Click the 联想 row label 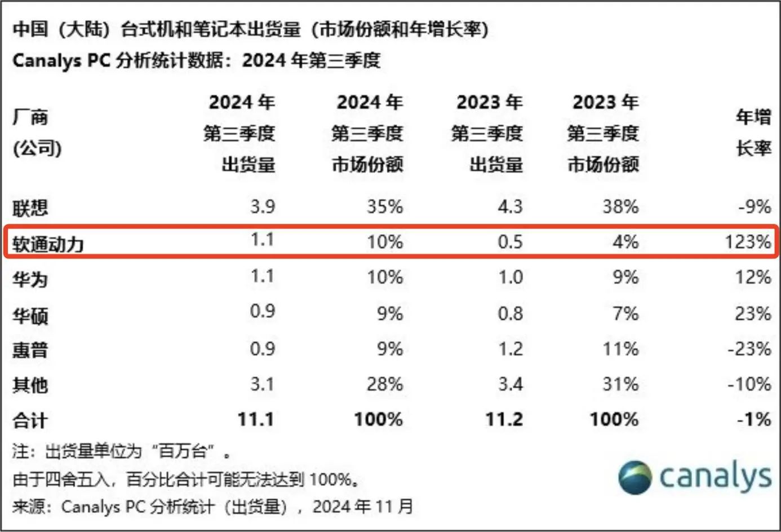click(x=30, y=208)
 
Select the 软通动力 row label click(x=48, y=244)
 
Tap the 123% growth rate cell click(x=748, y=242)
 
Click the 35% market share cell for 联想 click(x=385, y=206)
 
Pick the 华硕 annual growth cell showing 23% click(x=753, y=313)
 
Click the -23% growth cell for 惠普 click(x=749, y=349)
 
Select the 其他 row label click(x=30, y=385)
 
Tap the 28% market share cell click(x=385, y=384)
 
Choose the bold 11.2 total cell click(x=504, y=419)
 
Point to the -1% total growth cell click(x=754, y=419)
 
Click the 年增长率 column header click(x=753, y=133)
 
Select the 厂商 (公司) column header click(x=37, y=133)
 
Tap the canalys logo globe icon click(x=635, y=477)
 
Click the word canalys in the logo click(x=715, y=477)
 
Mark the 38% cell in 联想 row click(x=620, y=206)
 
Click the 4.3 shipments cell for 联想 click(x=510, y=206)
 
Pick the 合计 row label click(x=30, y=421)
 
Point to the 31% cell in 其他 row click(x=620, y=384)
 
